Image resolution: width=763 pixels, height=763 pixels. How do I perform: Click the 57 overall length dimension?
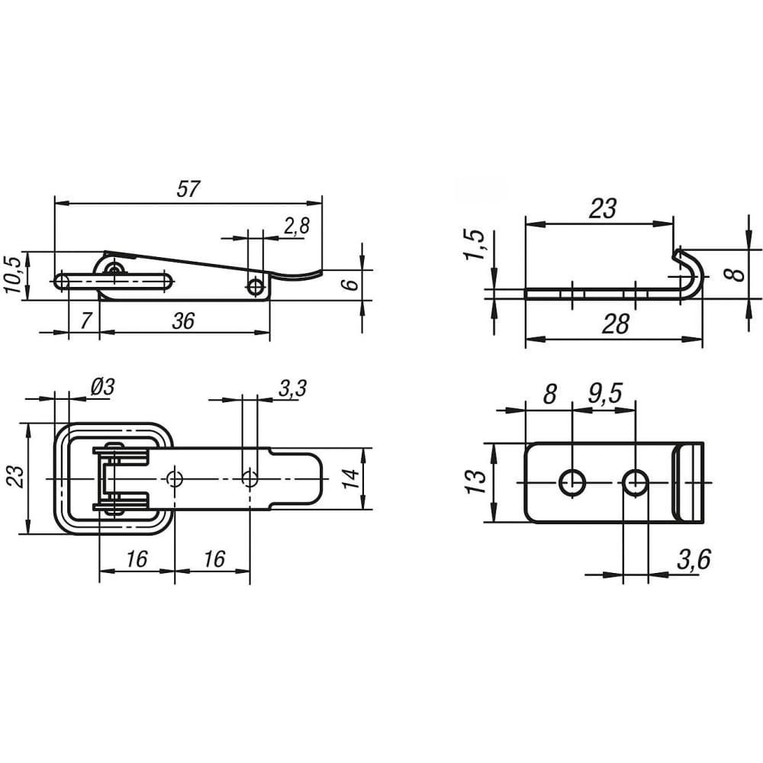point(188,188)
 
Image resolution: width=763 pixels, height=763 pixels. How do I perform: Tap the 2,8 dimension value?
point(297,227)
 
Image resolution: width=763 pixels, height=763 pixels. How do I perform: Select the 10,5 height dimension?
point(14,275)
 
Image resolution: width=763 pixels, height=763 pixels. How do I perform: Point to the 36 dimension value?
point(183,320)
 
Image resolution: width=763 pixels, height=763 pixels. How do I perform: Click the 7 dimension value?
point(85,320)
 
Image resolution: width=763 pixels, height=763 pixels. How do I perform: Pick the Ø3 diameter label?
point(102,388)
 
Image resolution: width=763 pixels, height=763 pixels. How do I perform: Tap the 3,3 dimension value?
point(293,388)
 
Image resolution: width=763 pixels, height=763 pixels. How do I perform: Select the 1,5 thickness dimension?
point(476,244)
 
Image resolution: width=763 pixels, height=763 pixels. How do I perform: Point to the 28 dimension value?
point(616,324)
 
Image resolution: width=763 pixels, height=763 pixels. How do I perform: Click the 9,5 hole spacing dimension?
point(605,393)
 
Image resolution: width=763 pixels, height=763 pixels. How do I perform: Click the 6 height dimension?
point(351,283)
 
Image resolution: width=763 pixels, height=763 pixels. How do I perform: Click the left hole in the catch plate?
point(572,483)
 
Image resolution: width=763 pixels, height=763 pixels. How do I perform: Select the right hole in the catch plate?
point(635,483)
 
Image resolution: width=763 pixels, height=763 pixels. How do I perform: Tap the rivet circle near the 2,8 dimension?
point(255,287)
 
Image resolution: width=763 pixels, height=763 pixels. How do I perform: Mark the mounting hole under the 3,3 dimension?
point(250,478)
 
